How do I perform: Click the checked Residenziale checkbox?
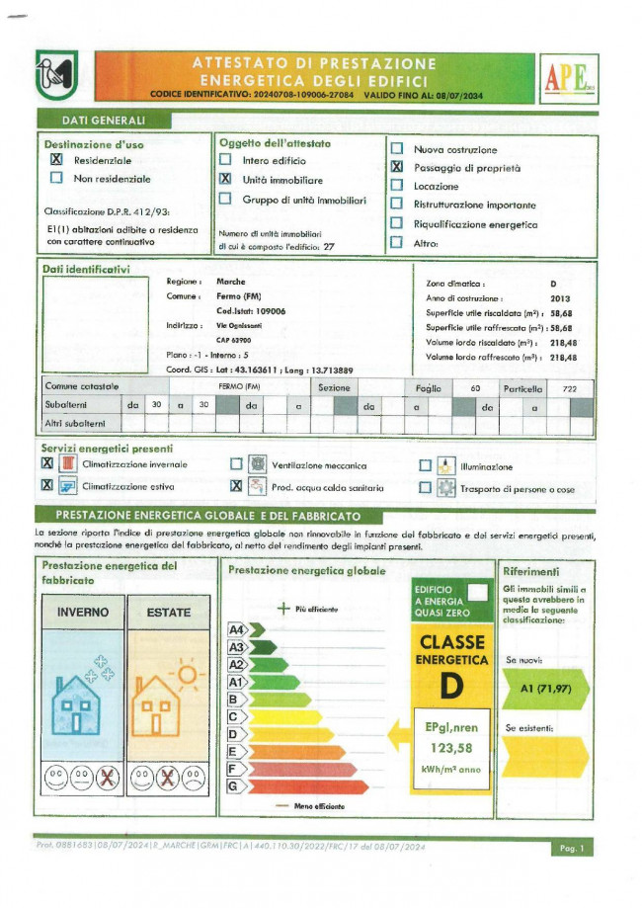click(56, 159)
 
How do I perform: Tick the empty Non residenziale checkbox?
click(56, 178)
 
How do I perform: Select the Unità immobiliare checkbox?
click(225, 179)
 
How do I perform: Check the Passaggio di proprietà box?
click(396, 168)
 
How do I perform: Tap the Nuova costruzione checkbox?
click(396, 149)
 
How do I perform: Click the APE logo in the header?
click(568, 79)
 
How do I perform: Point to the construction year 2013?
click(560, 297)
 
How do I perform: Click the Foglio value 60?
click(474, 389)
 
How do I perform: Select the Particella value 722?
click(569, 389)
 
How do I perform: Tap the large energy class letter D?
click(452, 683)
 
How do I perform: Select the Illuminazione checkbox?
click(425, 465)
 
